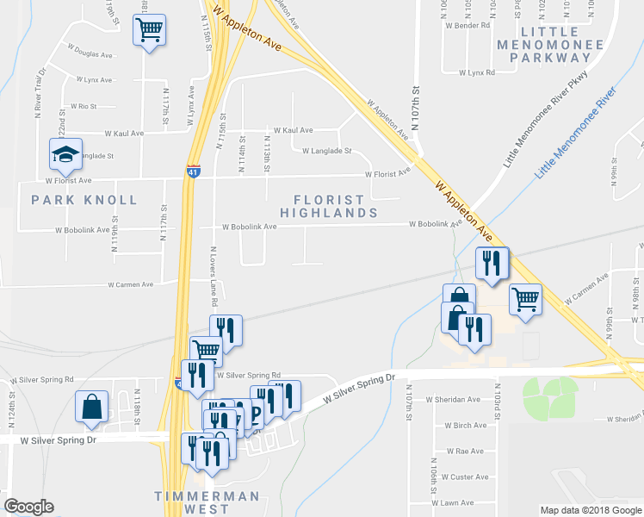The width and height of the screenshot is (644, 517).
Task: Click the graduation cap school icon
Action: pos(66,154)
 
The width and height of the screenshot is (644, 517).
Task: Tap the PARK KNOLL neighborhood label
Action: pos(84,200)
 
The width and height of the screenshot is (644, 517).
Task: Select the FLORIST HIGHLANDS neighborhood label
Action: pos(329,206)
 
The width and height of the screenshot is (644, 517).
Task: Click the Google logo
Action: pos(29,507)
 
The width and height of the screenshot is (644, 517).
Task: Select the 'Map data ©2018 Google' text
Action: pos(590,510)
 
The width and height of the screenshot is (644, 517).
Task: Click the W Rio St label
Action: pos(82,106)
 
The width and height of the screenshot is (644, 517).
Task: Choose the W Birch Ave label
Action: pos(466,426)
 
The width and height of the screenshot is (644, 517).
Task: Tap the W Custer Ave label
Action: pos(465,477)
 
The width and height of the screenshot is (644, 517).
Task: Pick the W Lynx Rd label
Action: pos(477,73)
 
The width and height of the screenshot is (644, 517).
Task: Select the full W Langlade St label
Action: pos(327,151)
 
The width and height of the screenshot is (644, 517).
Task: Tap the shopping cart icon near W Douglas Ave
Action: pos(149,31)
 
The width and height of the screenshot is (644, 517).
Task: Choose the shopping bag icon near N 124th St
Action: pos(91,407)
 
